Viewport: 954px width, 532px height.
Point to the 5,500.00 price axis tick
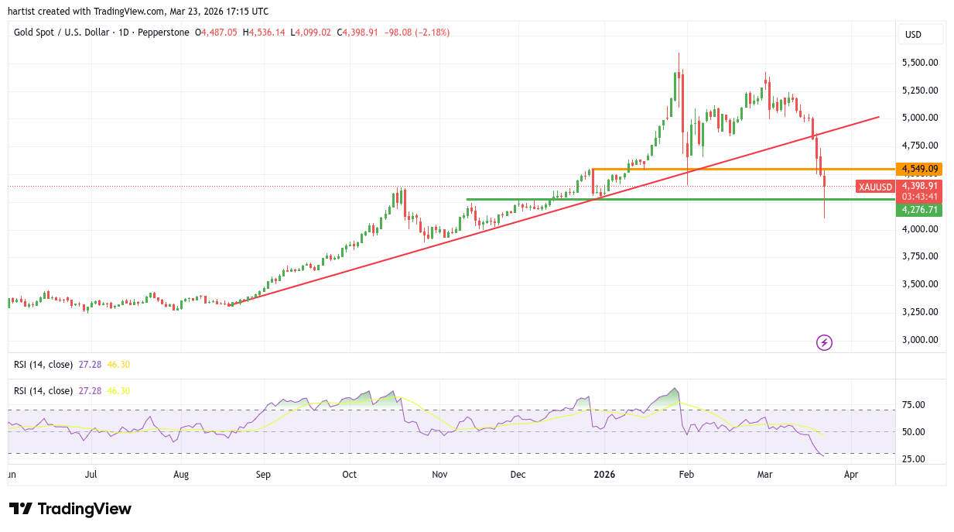point(921,62)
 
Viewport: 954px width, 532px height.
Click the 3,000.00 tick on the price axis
point(921,339)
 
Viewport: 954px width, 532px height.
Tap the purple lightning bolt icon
point(824,342)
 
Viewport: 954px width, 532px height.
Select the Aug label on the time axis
point(181,474)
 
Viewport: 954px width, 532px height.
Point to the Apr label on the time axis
point(851,474)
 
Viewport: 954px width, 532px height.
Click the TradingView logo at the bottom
point(70,509)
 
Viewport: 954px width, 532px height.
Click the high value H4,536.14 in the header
point(264,33)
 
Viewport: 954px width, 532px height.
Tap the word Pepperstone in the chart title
point(165,33)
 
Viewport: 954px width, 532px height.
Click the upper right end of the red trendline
point(879,117)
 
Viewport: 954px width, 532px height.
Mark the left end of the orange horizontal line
point(592,169)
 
